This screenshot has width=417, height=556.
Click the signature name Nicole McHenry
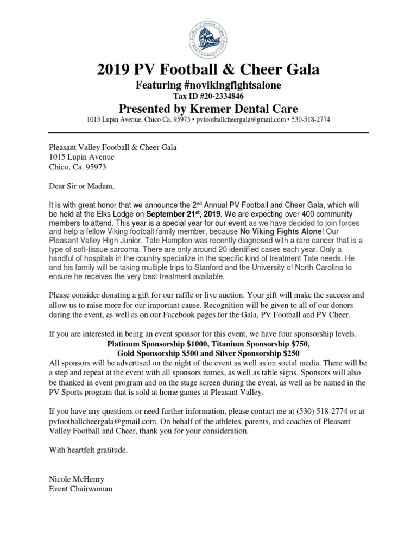click(76, 480)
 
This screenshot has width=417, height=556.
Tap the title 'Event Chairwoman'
click(81, 489)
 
